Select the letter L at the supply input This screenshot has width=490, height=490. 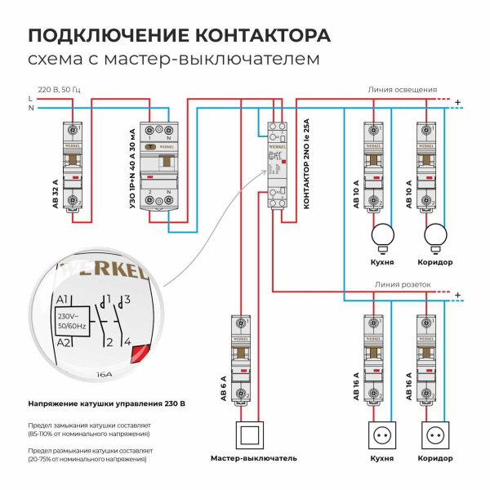pyautogui.click(x=30, y=98)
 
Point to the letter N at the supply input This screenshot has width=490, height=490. pyautogui.click(x=30, y=107)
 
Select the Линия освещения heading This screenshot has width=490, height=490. pyautogui.click(x=402, y=90)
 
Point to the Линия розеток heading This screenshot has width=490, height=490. pyautogui.click(x=402, y=285)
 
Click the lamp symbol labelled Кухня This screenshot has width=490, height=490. pyautogui.click(x=381, y=237)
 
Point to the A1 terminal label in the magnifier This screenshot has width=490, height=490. pyautogui.click(x=63, y=300)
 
